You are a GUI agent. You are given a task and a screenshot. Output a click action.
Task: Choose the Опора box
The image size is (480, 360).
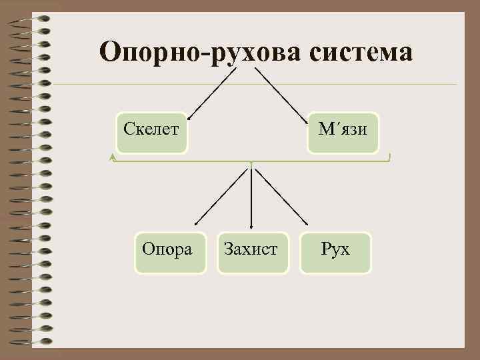(x=169, y=250)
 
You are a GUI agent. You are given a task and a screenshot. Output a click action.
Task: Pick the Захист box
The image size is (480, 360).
(x=252, y=251)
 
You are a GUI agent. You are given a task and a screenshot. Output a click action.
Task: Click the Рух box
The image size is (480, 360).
(x=335, y=251)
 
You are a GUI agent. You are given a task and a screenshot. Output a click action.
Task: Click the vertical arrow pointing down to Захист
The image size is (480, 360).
(x=251, y=197)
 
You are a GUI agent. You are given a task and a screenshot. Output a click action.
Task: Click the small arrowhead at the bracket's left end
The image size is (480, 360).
(x=113, y=157)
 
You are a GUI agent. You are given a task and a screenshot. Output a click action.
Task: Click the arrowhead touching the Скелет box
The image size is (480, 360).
(x=189, y=117)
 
